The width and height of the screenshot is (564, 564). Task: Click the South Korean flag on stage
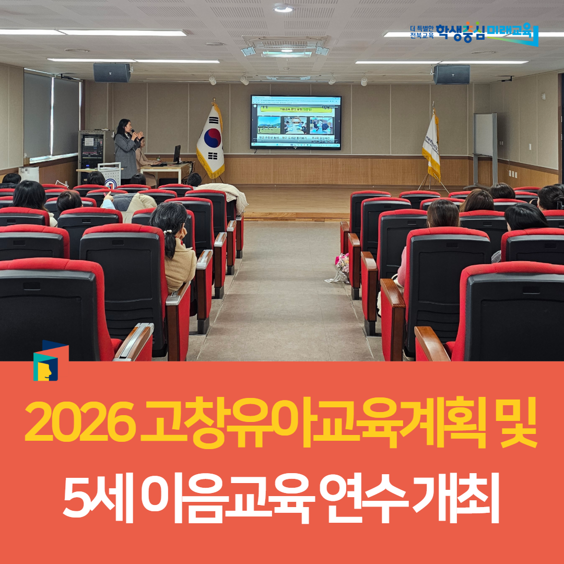pos(211,140)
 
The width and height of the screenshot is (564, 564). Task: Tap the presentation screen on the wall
pos(296,122)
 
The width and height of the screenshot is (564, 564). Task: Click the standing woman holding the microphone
pos(126,150)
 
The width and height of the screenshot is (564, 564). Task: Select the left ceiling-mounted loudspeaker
pos(112,73)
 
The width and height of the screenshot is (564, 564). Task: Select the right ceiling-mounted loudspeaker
pos(451,74)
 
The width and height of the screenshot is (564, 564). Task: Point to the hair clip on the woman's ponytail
pos(169,231)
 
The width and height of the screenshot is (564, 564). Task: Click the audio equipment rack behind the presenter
pos(92,149)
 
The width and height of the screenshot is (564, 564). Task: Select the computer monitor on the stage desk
pos(177,154)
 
